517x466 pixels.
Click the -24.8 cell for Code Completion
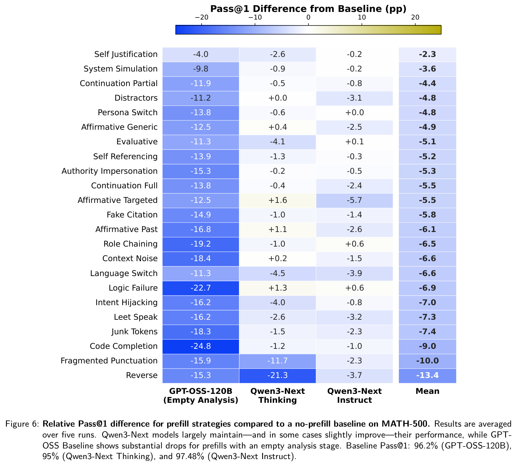tap(201, 346)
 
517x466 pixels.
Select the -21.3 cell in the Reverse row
tap(277, 375)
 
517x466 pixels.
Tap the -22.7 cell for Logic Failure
tap(201, 288)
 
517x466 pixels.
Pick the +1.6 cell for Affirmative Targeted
tap(277, 200)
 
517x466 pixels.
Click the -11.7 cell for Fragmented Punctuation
tap(277, 361)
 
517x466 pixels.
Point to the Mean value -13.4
tap(427, 375)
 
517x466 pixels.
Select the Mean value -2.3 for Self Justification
tap(427, 54)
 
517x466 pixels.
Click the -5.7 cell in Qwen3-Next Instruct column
tap(354, 200)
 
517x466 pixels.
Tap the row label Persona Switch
tap(128, 113)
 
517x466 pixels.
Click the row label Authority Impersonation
tap(110, 171)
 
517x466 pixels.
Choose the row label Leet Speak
tap(136, 317)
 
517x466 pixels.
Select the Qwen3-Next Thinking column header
tap(277, 396)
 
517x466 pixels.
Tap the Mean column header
tap(427, 391)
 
